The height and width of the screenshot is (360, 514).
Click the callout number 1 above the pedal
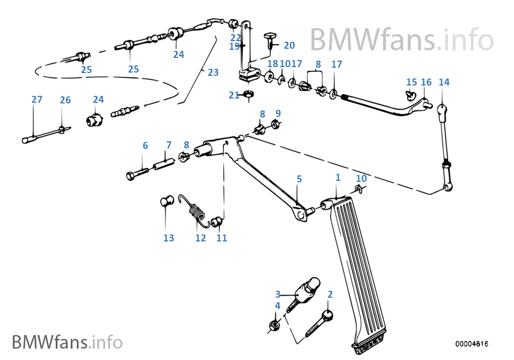point(338,178)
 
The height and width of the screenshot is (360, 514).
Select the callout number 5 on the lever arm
point(299,179)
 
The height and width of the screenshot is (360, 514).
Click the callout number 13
point(169,238)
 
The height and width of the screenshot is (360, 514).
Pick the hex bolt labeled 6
point(139,174)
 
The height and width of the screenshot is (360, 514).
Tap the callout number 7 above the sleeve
point(169,145)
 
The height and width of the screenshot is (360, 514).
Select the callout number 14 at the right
point(444,82)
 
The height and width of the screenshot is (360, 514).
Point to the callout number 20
point(289,45)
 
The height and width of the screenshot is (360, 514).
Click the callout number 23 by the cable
point(213,72)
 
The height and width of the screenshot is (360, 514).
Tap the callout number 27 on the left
point(36,100)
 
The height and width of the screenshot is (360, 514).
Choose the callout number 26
point(65,100)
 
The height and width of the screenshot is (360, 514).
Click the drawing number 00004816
point(471,344)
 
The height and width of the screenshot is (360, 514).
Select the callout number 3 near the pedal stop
point(278,294)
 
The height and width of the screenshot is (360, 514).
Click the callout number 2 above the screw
point(330,294)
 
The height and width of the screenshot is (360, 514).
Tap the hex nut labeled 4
point(274,325)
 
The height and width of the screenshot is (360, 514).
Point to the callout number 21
point(234,95)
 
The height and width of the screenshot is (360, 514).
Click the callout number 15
point(412,82)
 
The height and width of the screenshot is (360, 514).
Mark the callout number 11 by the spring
point(222,238)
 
